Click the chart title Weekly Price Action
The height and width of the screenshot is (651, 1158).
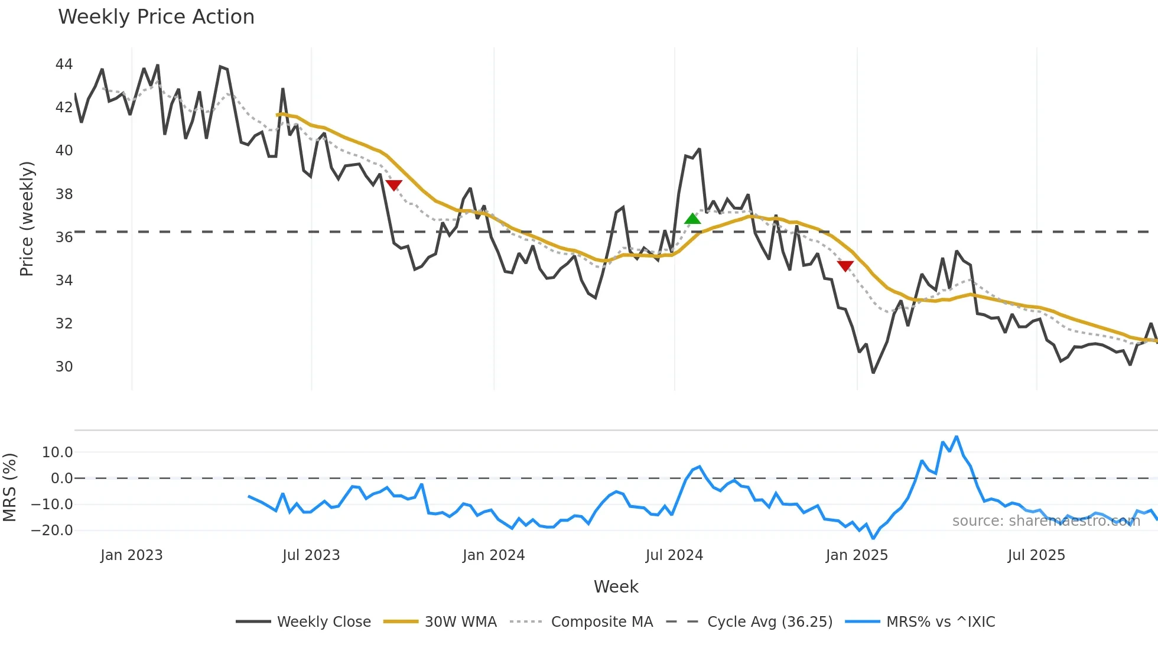[x=156, y=17]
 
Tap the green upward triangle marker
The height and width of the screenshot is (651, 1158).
[x=692, y=219]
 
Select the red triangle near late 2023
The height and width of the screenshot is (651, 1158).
[x=393, y=185]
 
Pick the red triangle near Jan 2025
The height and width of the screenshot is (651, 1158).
[x=845, y=266]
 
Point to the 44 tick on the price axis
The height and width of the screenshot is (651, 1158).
[x=64, y=64]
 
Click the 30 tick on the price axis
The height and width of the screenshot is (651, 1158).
[x=64, y=366]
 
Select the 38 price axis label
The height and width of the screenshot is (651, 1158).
[x=64, y=194]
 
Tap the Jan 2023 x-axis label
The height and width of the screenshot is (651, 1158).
[x=131, y=555]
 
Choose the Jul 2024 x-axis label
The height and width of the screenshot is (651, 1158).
[x=674, y=555]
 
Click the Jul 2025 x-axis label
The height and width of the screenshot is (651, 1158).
[x=1036, y=555]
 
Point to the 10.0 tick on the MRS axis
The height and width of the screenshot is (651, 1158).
[x=57, y=453]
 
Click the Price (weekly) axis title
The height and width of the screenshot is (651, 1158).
[x=27, y=219]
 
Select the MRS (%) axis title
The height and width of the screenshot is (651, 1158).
[x=9, y=487]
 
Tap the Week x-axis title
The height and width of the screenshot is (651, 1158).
[x=616, y=587]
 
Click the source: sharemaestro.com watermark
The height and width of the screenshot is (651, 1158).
[x=1046, y=521]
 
